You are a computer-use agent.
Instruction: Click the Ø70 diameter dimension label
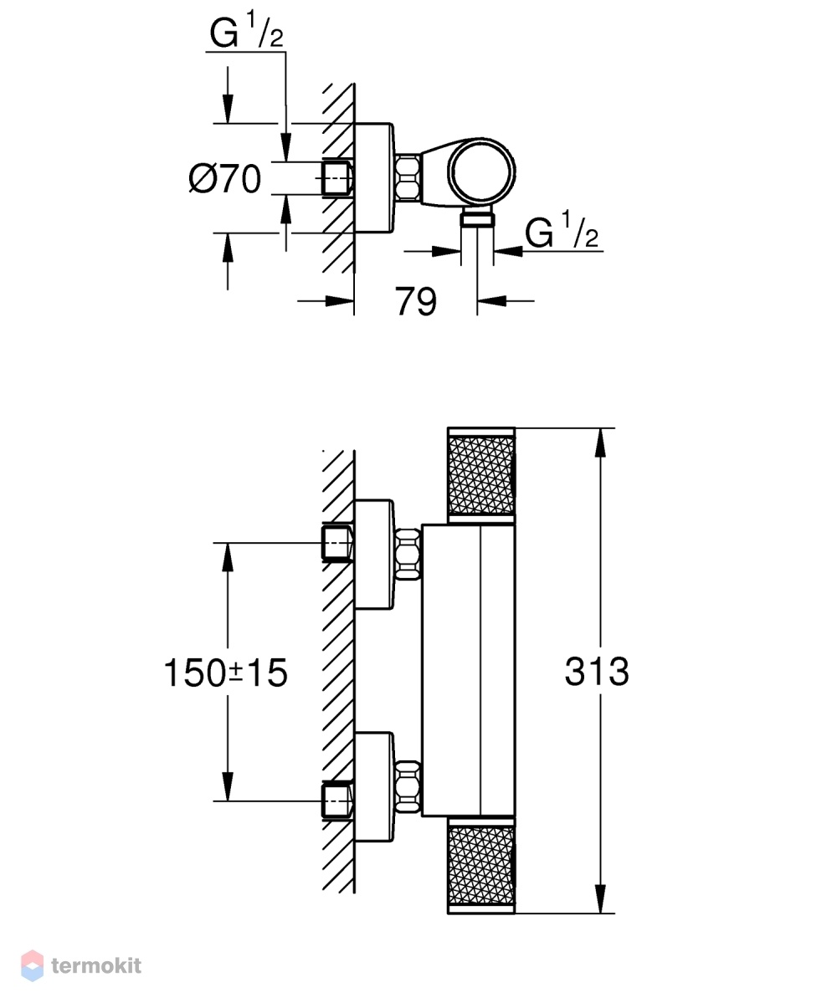[x=225, y=178]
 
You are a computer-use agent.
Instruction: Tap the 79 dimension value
[x=416, y=301]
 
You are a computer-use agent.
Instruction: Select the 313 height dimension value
[x=597, y=672]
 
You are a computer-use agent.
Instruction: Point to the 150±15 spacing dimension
[x=226, y=673]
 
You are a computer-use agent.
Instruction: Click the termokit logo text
[x=96, y=965]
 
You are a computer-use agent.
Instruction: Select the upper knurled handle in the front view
[x=481, y=475]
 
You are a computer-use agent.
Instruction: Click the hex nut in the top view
[x=408, y=177]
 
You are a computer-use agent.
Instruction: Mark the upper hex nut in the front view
[x=408, y=554]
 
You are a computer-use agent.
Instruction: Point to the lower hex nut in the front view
[x=408, y=787]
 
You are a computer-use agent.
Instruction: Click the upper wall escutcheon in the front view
[x=373, y=554]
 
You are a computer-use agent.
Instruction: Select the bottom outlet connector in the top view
[x=477, y=220]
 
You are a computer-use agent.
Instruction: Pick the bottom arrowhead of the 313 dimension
[x=600, y=898]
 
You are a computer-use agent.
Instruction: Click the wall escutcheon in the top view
[x=373, y=178]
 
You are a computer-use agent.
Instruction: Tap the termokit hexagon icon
[x=33, y=965]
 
